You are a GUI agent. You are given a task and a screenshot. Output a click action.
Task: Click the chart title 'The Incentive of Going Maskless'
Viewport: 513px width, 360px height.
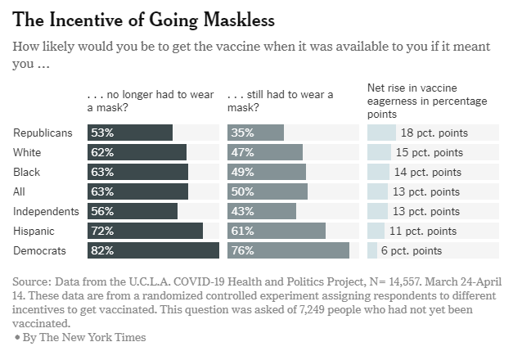144,18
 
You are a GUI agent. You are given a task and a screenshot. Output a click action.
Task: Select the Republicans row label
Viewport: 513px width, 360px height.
43,133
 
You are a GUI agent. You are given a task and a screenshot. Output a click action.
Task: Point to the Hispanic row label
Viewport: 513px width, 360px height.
35,231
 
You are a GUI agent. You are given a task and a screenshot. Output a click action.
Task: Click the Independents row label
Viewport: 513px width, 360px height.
47,211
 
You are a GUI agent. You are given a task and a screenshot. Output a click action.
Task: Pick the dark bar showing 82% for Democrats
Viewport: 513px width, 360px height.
153,250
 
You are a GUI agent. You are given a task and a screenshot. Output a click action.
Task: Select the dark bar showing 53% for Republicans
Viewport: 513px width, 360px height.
130,133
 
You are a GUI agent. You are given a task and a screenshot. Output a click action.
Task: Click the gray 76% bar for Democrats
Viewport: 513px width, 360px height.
288,250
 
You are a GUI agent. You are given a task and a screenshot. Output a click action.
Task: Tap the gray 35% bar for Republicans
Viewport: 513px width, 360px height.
255,133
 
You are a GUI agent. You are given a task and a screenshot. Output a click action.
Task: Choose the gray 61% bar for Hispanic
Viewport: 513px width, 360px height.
277,231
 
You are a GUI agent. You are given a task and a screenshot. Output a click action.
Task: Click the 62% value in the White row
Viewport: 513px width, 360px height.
102,152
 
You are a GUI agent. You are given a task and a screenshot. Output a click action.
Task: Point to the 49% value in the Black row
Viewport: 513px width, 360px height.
242,172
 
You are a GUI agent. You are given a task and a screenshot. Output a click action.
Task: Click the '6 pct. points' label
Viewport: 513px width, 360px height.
412,250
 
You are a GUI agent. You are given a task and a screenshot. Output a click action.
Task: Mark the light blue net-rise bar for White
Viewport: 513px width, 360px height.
379,152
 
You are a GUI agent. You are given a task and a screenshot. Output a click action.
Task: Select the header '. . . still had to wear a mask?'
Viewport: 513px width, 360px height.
280,100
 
